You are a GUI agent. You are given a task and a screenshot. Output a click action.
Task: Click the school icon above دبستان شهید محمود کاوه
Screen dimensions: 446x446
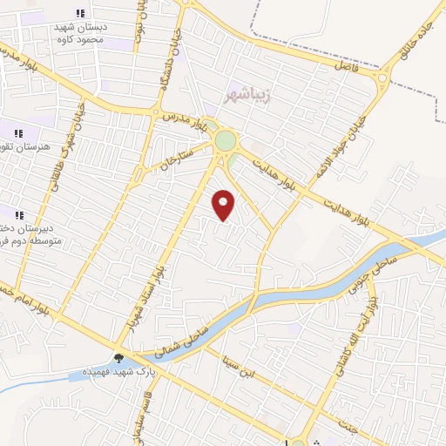click(x=80, y=13)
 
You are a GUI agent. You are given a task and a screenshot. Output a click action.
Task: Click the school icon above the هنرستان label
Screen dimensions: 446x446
click(x=17, y=133)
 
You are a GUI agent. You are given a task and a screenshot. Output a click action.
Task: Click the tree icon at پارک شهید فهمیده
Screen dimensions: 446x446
click(x=119, y=358)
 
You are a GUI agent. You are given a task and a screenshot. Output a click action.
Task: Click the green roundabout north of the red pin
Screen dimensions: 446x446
click(x=225, y=140)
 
